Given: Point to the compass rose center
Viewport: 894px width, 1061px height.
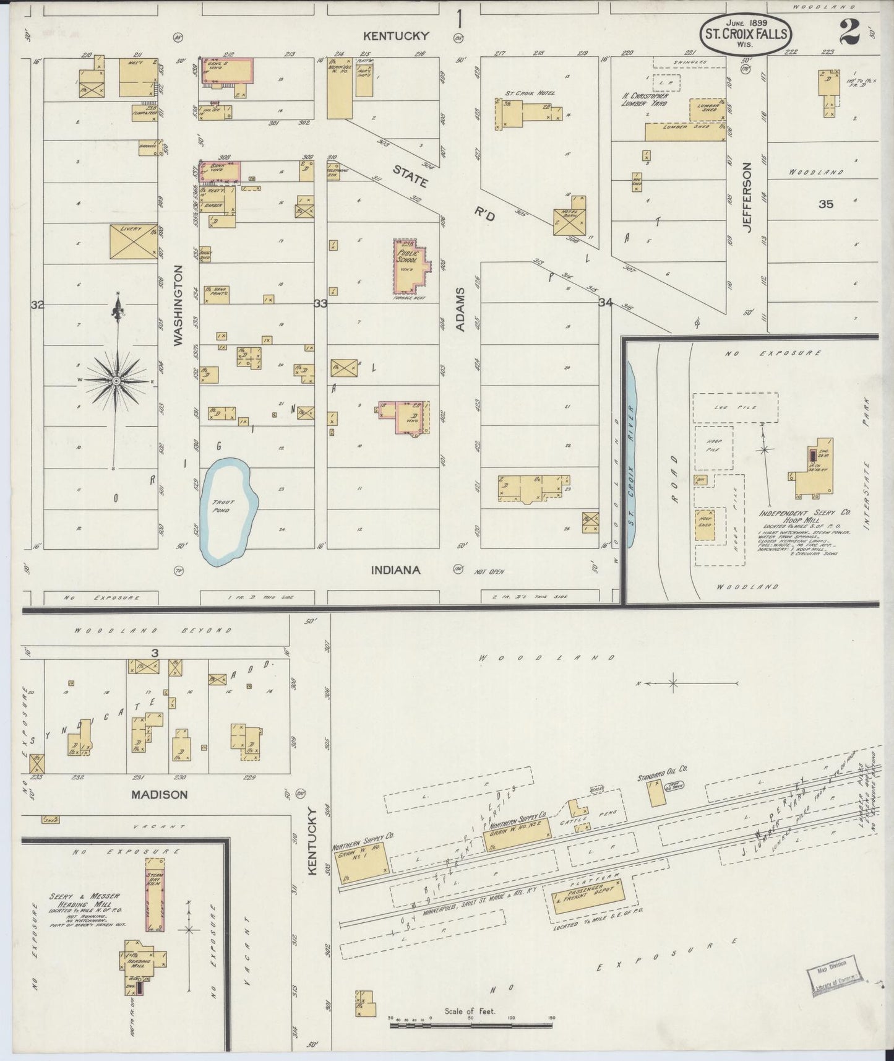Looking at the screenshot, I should click(x=116, y=381).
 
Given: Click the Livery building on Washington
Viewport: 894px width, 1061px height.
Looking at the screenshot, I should click(x=134, y=241).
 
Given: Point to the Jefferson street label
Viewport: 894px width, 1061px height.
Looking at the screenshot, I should click(x=747, y=197).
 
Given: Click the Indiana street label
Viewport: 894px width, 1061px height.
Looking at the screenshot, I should click(x=396, y=570).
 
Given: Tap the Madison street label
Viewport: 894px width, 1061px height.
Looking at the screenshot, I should click(x=159, y=794).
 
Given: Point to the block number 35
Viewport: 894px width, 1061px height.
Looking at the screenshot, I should click(x=826, y=204).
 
